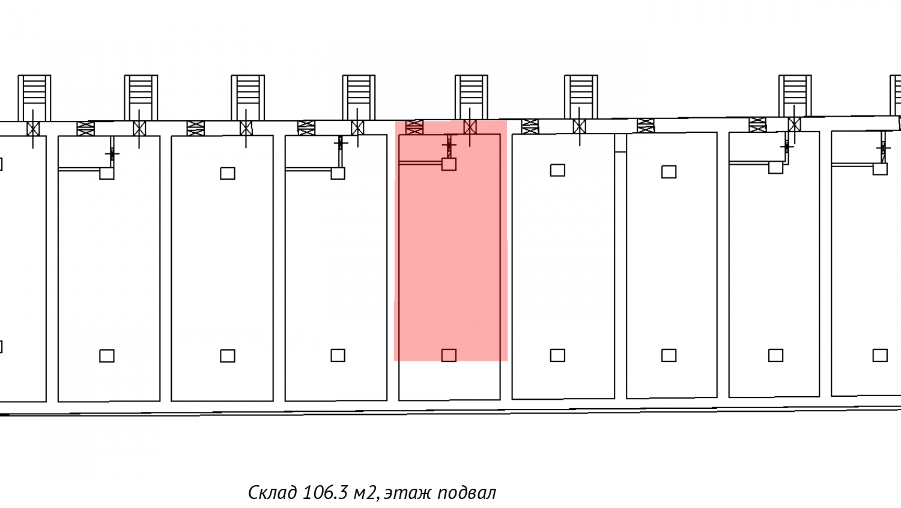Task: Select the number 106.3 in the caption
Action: point(325,492)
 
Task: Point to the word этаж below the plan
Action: point(407,493)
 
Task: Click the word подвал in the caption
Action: point(467,493)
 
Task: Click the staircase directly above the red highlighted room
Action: point(471,96)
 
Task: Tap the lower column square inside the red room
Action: point(449,355)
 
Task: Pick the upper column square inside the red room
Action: point(449,164)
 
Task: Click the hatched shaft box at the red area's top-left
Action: point(414,127)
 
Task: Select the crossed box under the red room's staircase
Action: point(470,127)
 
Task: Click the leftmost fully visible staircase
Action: point(34,97)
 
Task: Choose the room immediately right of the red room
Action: point(563,265)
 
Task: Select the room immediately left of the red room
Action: point(336,268)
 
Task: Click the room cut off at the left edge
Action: point(22,268)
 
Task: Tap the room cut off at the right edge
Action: point(866,265)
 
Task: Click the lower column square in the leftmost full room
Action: point(107,356)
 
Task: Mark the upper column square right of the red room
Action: point(557,170)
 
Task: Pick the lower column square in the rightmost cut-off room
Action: point(880,355)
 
